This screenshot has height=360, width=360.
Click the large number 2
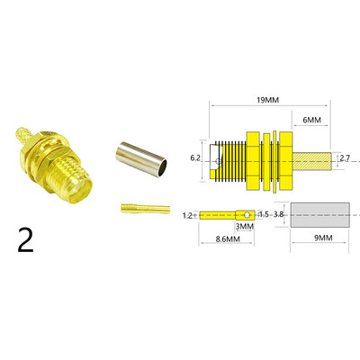point(25,240)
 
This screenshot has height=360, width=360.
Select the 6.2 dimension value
point(196,157)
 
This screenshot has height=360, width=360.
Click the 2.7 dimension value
point(344,158)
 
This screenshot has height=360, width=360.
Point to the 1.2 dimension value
point(188,216)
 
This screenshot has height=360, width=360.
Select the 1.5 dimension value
point(264,216)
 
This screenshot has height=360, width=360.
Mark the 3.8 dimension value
point(279,216)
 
